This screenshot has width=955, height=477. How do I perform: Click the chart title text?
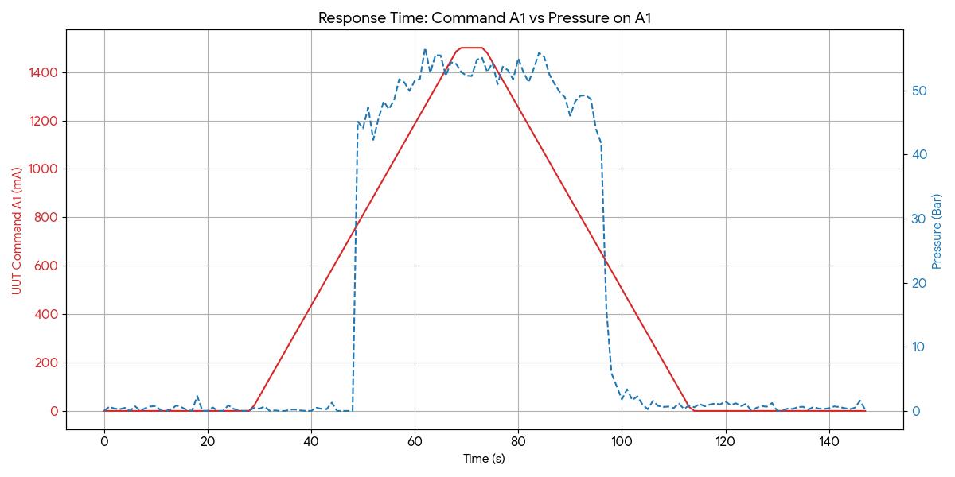pos(485,17)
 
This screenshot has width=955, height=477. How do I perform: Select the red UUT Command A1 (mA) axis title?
pos(16,231)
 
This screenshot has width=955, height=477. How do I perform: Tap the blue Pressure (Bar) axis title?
pos(937,231)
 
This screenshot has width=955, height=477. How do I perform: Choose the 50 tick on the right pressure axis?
pos(918,91)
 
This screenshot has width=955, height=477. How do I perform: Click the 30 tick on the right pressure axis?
pos(918,219)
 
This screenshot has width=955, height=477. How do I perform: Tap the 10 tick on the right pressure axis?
pos(918,347)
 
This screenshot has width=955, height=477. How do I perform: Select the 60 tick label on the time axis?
pos(415,441)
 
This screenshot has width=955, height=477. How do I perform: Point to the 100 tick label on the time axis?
pos(622,441)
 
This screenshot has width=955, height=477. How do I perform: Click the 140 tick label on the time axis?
pos(828,441)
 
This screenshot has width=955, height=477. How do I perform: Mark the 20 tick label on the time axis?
pos(208,441)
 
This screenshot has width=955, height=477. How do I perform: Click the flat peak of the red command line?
pos(472,48)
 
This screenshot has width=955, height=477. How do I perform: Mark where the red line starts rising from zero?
pos(251,409)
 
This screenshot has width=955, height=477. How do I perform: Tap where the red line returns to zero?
pos(694,410)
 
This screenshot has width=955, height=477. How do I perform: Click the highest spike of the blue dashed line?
pos(425,49)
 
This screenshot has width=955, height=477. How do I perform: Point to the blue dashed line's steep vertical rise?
pos(355,262)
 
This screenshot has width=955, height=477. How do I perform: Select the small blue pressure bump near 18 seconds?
pos(197,396)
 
